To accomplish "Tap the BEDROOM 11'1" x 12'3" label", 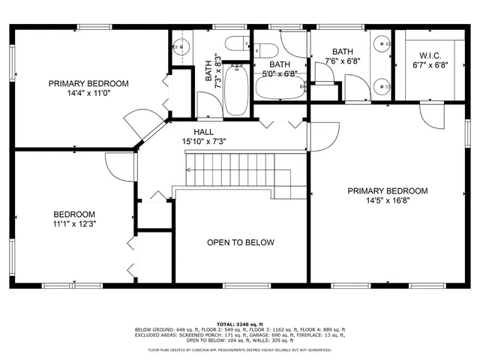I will pos(73,217).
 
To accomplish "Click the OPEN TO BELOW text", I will pos(241,242).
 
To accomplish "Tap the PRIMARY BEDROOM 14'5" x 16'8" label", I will pos(387,196).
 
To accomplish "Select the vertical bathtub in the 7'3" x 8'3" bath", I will pos(237,89).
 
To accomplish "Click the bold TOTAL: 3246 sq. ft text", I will pos(240,323).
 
